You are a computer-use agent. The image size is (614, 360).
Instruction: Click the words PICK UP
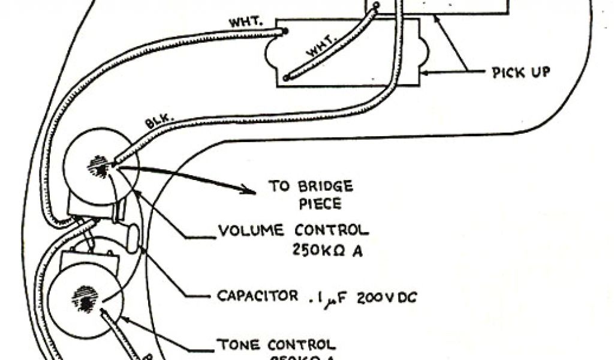pos(520,73)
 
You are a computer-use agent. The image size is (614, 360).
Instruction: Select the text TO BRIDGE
pos(311,185)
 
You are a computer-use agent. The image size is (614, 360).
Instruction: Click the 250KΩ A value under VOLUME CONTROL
pos(327,251)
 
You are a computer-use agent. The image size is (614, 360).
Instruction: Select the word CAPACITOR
pos(258,295)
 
